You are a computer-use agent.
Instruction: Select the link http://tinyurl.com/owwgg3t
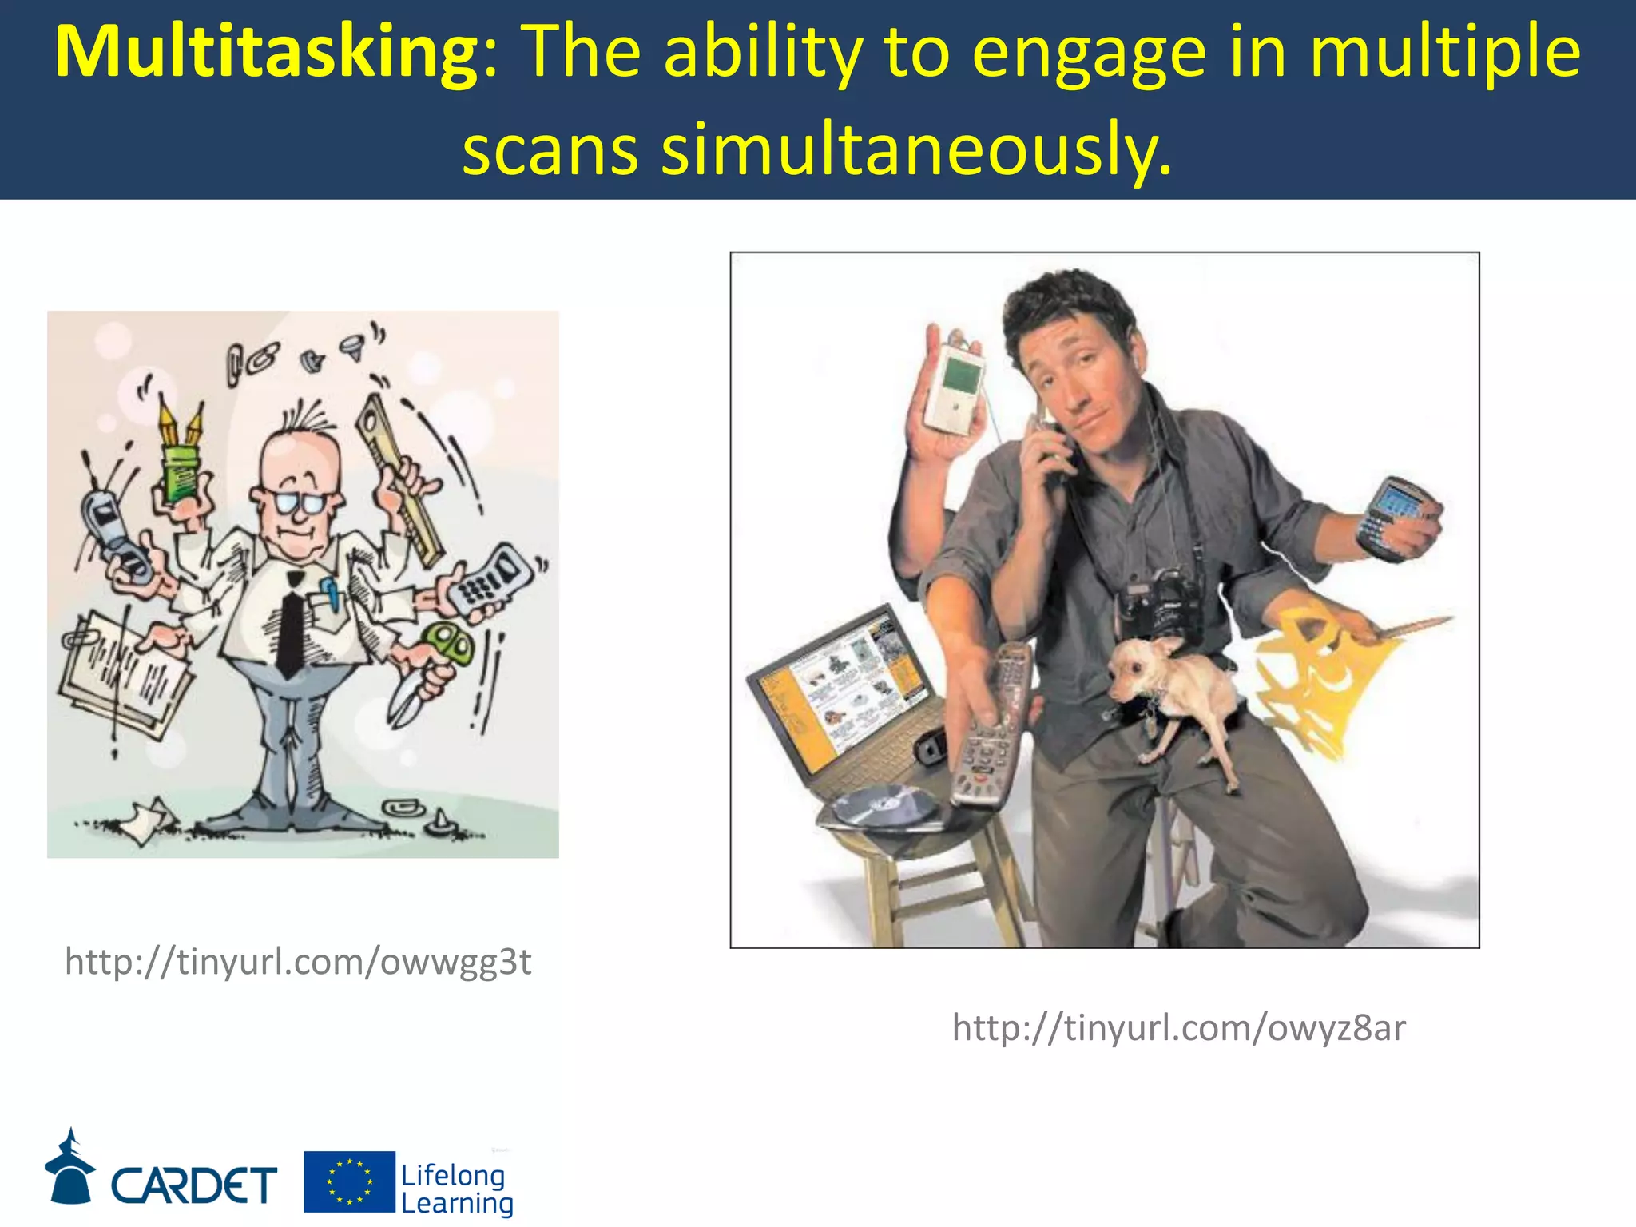(298, 962)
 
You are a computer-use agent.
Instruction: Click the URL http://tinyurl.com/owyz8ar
(1178, 1027)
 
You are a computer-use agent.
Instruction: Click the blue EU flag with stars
(349, 1181)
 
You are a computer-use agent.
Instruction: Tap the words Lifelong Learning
(456, 1189)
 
